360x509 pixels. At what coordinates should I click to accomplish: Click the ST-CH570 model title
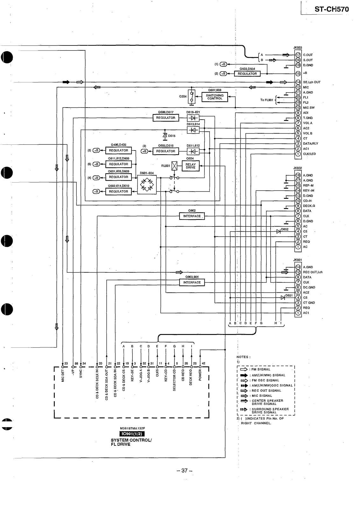[331, 9]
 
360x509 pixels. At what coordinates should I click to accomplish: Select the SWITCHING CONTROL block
[215, 97]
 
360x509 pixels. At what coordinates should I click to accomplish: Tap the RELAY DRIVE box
[190, 166]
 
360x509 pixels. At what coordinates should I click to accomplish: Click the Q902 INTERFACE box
[192, 216]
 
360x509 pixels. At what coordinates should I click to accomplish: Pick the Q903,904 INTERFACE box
[192, 282]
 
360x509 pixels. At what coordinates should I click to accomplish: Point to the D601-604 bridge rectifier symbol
[147, 184]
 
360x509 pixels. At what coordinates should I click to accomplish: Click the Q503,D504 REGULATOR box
[247, 74]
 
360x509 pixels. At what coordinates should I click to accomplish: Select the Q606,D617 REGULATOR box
[166, 118]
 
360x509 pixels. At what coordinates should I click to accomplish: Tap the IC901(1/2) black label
[132, 434]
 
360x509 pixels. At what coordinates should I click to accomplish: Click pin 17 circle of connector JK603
[298, 55]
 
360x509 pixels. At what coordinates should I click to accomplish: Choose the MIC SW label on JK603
[309, 108]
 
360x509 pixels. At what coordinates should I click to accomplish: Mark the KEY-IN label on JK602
[308, 191]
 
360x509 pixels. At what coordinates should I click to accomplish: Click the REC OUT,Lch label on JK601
[313, 272]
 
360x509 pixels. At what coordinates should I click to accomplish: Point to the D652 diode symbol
[279, 231]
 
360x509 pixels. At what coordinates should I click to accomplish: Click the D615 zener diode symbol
[165, 136]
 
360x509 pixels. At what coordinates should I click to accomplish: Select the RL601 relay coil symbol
[174, 166]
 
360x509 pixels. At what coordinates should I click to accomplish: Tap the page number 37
[185, 471]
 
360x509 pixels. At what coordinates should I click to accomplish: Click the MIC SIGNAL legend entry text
[262, 396]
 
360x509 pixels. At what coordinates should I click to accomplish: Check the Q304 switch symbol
[192, 97]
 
